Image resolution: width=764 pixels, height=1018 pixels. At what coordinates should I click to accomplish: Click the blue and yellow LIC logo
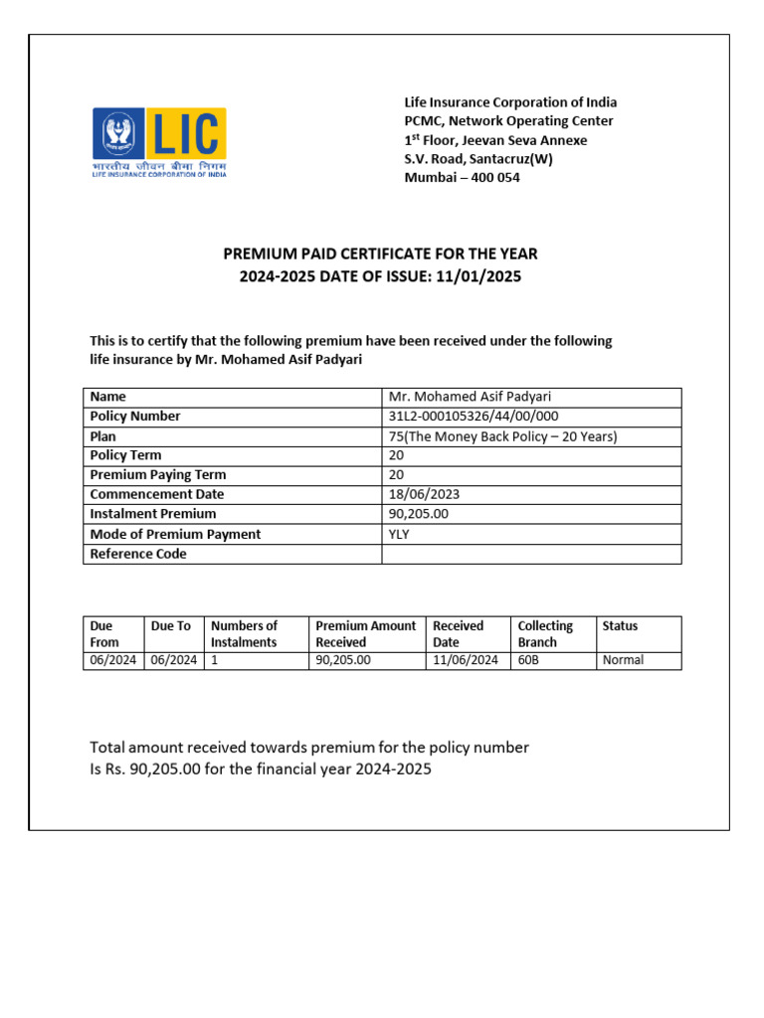(160, 143)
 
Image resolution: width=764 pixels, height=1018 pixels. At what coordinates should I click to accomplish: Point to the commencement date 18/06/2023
(424, 494)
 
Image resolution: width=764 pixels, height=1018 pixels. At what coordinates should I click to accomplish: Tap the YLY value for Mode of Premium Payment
(399, 534)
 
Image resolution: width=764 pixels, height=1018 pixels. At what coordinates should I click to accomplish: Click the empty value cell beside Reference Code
(531, 554)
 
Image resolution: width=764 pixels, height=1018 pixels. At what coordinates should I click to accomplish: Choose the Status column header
(620, 626)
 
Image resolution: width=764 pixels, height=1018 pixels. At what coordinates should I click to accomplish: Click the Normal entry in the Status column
(623, 660)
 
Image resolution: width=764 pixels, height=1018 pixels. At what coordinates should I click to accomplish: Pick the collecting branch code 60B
(528, 660)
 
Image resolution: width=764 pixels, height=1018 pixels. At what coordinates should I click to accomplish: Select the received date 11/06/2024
(466, 660)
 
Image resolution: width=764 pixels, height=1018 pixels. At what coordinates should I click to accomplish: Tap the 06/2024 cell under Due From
(113, 660)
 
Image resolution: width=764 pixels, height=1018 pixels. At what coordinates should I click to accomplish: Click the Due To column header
(170, 626)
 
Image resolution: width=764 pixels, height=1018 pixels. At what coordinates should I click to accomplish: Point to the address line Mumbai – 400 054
(462, 178)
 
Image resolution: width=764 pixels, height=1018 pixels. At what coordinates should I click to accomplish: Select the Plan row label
(103, 436)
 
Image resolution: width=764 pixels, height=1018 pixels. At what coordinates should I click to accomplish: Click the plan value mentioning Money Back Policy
(503, 436)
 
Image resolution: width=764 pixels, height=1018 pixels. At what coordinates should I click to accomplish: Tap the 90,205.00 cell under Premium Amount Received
(342, 660)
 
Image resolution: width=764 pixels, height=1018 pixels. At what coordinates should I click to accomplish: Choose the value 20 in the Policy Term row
(396, 455)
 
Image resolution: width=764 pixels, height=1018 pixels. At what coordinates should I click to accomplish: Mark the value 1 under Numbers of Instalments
(214, 660)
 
